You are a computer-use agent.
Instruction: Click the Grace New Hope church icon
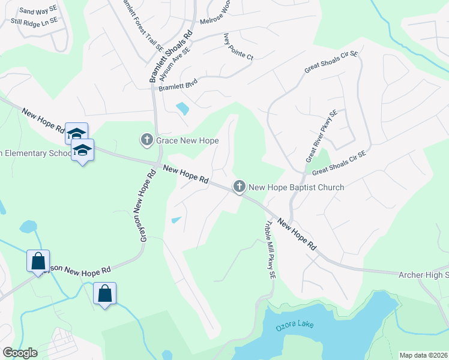pos(146,140)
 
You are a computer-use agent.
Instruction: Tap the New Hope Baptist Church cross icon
pos(239,187)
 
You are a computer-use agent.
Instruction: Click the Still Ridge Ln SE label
pos(34,21)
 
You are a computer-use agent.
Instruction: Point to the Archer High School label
pos(424,274)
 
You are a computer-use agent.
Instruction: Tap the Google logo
pos(20,352)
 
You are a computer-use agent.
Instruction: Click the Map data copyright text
pos(423,355)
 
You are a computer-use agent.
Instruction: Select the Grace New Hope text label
pos(187,140)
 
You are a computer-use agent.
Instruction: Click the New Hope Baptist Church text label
pos(297,187)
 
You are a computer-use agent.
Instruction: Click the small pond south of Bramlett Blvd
pos(182,109)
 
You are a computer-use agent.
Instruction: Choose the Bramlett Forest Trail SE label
pos(142,24)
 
